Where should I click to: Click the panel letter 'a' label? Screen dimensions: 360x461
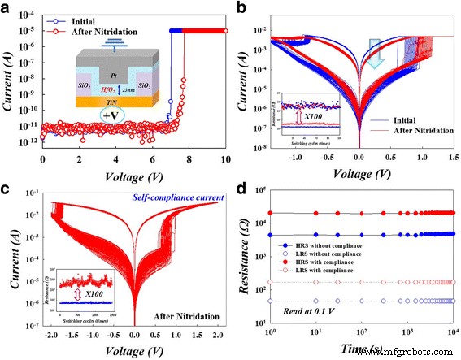pos(9,9)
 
